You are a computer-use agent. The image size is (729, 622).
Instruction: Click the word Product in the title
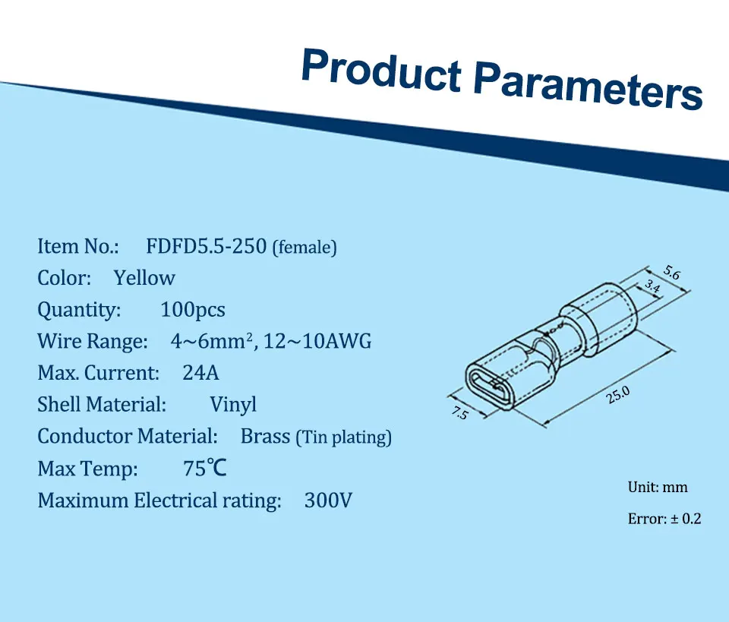point(382,70)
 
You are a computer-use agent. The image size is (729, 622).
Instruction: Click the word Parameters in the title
point(588,86)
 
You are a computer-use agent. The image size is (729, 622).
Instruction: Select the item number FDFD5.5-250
point(207,246)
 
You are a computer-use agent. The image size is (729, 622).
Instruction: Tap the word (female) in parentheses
point(305,248)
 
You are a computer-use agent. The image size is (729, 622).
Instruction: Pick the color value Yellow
point(144,278)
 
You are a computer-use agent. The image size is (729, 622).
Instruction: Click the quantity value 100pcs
point(192,310)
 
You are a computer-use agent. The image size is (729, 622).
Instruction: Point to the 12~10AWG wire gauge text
point(317,341)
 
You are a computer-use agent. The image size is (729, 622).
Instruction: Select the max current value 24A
point(200,373)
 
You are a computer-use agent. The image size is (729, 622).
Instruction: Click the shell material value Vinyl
point(233,405)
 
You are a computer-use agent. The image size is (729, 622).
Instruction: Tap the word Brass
point(265,437)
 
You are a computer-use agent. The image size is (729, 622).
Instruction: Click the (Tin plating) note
point(344,437)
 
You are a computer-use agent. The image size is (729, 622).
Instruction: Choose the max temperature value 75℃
point(204,468)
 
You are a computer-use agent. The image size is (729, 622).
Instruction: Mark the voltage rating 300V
point(328,500)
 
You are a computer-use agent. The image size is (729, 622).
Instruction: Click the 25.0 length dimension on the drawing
point(618,395)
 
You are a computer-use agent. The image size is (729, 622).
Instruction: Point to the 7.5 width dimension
point(460,412)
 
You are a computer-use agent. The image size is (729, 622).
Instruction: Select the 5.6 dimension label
point(671,273)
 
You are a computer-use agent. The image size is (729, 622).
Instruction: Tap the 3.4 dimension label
point(652,286)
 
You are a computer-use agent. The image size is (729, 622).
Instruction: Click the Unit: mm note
point(658,487)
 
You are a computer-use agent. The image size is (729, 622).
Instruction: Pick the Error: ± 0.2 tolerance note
point(664,518)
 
